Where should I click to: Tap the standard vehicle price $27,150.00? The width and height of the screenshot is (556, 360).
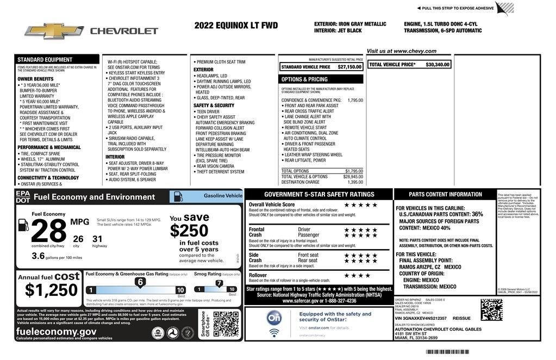pos(349,67)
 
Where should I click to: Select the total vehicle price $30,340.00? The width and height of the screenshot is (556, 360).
pos(438,64)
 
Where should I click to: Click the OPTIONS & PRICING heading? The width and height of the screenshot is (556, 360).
pos(304,79)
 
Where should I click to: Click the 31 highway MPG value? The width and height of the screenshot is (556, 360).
pos(97,238)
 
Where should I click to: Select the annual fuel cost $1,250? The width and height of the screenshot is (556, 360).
pos(52,290)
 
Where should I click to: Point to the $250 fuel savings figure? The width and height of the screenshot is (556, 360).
pos(189,231)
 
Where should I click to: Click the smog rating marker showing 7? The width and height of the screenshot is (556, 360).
pos(219,283)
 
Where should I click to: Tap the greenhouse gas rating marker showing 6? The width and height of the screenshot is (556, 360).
pos(140,282)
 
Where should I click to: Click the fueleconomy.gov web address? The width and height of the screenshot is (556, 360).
pos(56,331)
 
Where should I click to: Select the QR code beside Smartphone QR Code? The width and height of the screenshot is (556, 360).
pos(226,324)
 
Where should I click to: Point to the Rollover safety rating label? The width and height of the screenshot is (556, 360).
pos(258,275)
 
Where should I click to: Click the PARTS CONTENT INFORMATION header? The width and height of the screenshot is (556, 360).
pos(445,194)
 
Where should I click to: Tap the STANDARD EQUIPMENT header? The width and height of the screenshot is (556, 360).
pos(45,60)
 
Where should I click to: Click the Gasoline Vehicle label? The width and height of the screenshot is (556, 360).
pos(223,195)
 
